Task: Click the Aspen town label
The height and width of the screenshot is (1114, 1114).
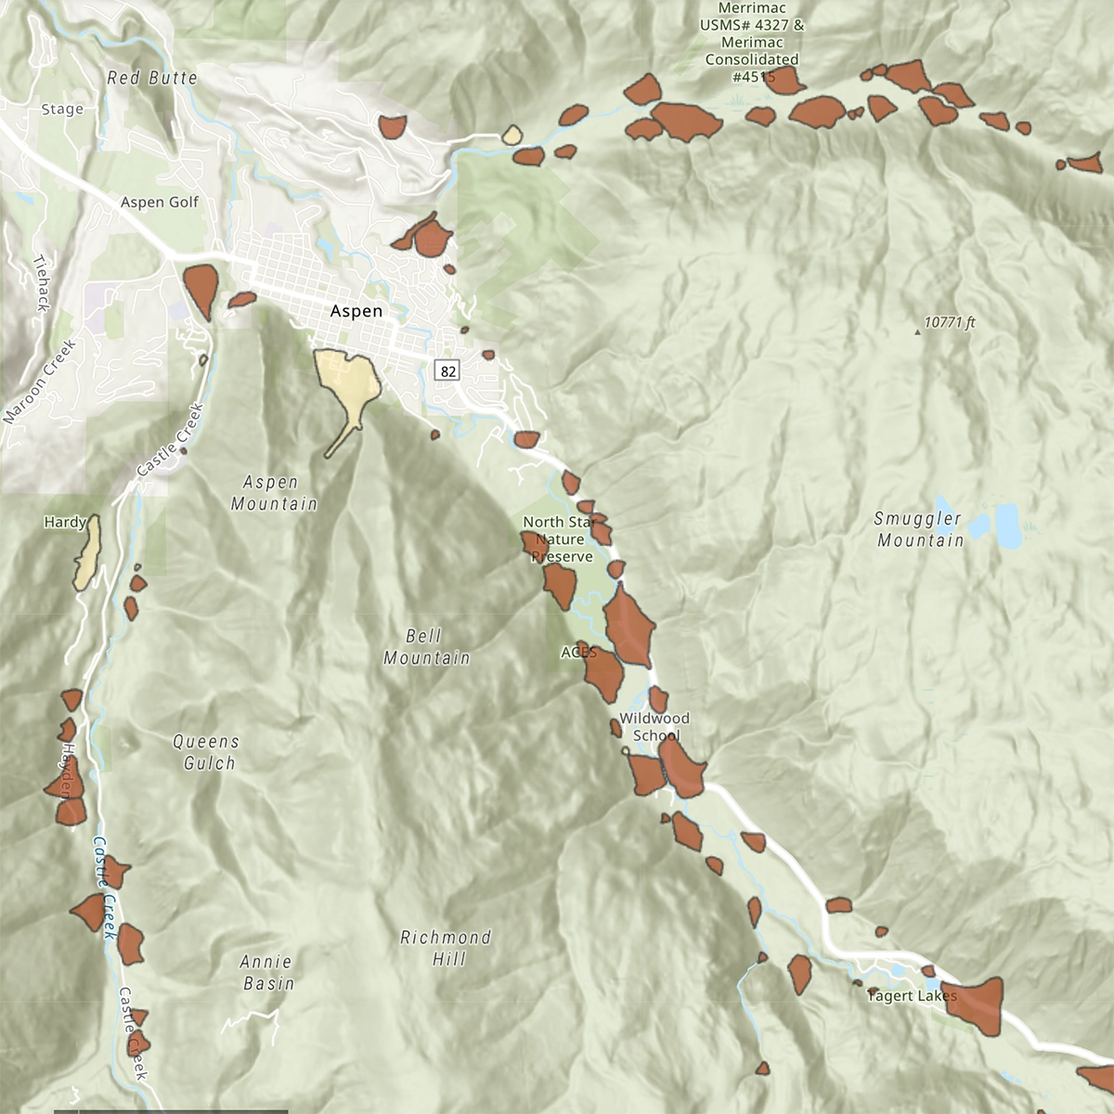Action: click(x=356, y=311)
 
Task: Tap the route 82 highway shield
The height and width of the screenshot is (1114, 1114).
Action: click(x=448, y=370)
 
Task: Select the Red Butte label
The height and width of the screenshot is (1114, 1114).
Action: click(x=152, y=78)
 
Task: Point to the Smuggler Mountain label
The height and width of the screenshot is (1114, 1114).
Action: click(x=920, y=530)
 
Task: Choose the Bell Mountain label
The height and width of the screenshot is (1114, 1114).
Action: click(x=427, y=647)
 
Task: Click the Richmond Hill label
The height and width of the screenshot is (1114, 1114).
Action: click(x=446, y=948)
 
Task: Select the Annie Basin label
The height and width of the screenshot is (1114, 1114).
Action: click(x=267, y=972)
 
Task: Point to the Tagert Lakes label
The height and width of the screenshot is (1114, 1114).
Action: click(x=912, y=996)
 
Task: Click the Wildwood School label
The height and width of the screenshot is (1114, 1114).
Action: click(x=655, y=727)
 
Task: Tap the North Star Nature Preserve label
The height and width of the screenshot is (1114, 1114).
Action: click(x=560, y=539)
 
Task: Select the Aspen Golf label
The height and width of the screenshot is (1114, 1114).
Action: click(x=160, y=202)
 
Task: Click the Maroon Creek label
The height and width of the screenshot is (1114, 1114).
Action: click(x=38, y=382)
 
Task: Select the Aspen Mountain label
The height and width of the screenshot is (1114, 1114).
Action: click(x=273, y=493)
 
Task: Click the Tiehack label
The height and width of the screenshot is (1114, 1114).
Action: click(x=41, y=282)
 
